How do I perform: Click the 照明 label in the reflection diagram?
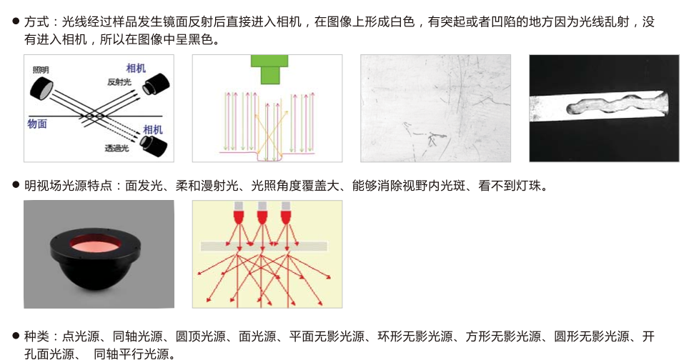[40, 70]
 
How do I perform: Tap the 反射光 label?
[119, 82]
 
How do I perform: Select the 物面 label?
[37, 124]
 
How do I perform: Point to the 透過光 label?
[117, 148]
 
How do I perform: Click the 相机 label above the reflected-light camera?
[136, 68]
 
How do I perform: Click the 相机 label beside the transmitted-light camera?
[153, 129]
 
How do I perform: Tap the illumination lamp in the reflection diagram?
[41, 88]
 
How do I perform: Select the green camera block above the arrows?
[269, 69]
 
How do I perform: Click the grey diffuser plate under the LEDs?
[264, 246]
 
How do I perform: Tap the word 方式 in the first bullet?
[36, 21]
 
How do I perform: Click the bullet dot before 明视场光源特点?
[16, 185]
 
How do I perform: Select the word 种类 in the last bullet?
[36, 336]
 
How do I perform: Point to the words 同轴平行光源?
[132, 354]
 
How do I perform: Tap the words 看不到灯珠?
[510, 185]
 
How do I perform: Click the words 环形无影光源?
[415, 336]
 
